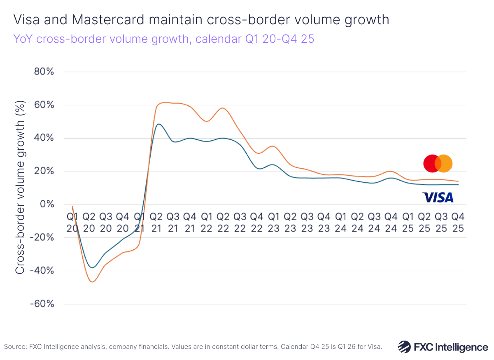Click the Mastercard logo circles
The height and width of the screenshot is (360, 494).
coord(438,163)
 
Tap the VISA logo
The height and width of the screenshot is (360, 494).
coord(438,198)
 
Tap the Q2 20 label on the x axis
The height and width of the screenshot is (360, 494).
coord(89,222)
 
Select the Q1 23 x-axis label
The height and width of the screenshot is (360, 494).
coord(273,222)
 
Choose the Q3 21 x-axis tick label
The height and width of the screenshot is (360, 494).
coord(173,222)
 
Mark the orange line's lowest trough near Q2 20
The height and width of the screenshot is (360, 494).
coord(92,282)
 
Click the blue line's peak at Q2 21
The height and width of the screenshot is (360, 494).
coord(159,124)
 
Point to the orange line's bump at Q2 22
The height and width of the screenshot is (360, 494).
coord(223,108)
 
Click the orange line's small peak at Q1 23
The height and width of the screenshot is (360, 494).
coord(272,146)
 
